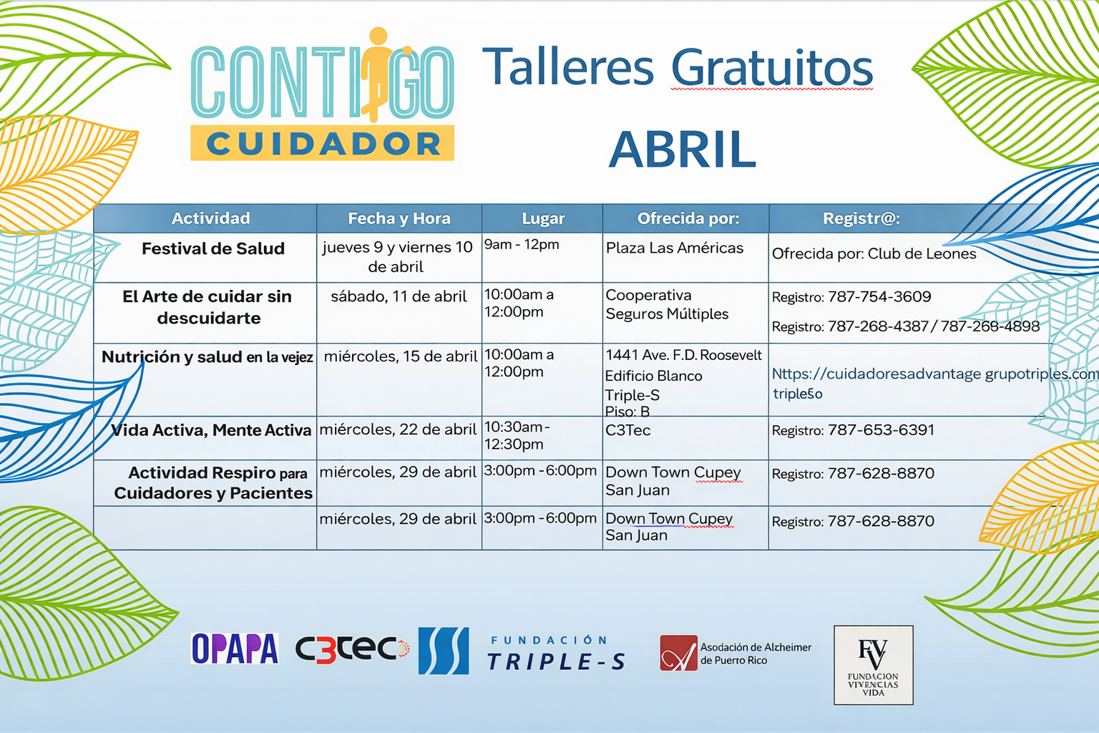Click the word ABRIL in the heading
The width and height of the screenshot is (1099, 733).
pyautogui.click(x=682, y=149)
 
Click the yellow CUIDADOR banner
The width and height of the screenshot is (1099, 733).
pyautogui.click(x=323, y=143)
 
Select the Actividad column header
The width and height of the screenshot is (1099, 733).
pyautogui.click(x=210, y=218)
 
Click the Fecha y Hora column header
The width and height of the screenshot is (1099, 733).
pyautogui.click(x=399, y=218)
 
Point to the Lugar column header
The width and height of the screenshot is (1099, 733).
pyautogui.click(x=543, y=218)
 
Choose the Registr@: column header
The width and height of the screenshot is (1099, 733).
pyautogui.click(x=861, y=218)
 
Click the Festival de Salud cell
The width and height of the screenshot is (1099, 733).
pyautogui.click(x=213, y=248)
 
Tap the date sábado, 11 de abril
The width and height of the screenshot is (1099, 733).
pyautogui.click(x=399, y=296)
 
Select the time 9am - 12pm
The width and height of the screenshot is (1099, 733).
pyautogui.click(x=522, y=245)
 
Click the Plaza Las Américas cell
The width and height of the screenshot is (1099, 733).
pyautogui.click(x=675, y=248)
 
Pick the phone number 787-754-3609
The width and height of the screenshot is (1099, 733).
pyautogui.click(x=879, y=296)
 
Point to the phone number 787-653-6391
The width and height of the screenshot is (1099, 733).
pyautogui.click(x=881, y=430)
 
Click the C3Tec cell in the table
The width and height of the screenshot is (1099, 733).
pyautogui.click(x=627, y=430)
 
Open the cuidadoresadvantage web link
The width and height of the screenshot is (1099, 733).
pyautogui.click(x=935, y=374)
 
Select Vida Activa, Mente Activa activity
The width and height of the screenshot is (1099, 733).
pyautogui.click(x=212, y=430)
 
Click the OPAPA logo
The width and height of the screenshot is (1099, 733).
pyautogui.click(x=235, y=648)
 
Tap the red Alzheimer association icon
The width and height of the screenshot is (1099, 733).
pyautogui.click(x=678, y=653)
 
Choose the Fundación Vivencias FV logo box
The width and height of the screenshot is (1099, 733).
pyautogui.click(x=874, y=665)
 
